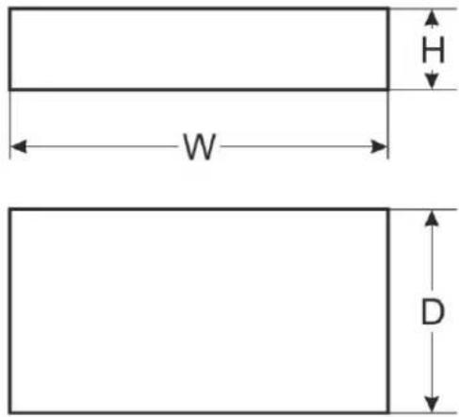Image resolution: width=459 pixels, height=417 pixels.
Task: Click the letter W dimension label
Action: click(x=200, y=146)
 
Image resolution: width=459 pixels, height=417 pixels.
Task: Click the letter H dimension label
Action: click(x=433, y=49)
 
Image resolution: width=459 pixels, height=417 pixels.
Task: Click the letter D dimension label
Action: click(x=433, y=311)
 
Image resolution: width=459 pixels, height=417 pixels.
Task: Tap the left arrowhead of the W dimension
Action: click(x=19, y=146)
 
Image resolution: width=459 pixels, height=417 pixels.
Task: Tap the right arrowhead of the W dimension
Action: click(x=379, y=146)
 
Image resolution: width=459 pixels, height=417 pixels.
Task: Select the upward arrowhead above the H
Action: click(x=432, y=18)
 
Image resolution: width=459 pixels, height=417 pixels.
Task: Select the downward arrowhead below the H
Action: click(x=432, y=80)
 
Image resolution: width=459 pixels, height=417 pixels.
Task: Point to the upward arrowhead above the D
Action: click(x=432, y=218)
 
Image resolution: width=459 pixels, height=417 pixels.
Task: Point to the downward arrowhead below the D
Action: click(x=432, y=405)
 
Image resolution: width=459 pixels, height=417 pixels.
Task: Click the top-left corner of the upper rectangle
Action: click(x=10, y=8)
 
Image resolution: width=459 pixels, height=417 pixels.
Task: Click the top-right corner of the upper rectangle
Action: click(x=388, y=8)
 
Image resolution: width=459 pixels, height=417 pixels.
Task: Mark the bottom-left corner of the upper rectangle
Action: click(x=10, y=90)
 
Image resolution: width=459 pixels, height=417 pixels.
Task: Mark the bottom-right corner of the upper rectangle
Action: click(x=388, y=90)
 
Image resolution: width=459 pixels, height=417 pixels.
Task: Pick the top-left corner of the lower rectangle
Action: click(x=10, y=209)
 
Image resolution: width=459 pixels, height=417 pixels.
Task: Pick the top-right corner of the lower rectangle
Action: click(x=388, y=209)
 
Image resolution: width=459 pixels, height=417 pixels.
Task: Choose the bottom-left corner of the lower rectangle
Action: click(x=10, y=412)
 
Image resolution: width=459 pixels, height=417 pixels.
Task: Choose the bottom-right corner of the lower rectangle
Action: click(x=388, y=412)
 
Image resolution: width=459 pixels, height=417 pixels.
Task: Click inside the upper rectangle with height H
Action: click(x=199, y=49)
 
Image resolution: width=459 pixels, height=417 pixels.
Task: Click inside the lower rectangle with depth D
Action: click(x=199, y=310)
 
